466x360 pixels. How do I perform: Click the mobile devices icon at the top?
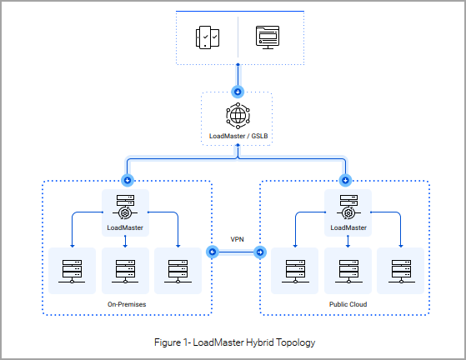pyautogui.click(x=208, y=37)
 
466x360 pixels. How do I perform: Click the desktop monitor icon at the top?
pyautogui.click(x=268, y=37)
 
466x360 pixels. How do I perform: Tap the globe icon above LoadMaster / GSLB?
pyautogui.click(x=238, y=116)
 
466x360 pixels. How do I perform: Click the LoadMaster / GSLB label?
pyautogui.click(x=238, y=136)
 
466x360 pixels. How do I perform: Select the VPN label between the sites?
pyautogui.click(x=237, y=239)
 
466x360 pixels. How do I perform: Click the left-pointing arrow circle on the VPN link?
pyautogui.click(x=213, y=252)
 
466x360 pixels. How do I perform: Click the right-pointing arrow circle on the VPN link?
pyautogui.click(x=260, y=252)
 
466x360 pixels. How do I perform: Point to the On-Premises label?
pyautogui.click(x=127, y=304)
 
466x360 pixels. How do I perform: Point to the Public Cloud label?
pyautogui.click(x=348, y=304)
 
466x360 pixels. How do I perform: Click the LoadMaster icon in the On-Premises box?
pyautogui.click(x=125, y=207)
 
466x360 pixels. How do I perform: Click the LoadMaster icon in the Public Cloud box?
pyautogui.click(x=348, y=207)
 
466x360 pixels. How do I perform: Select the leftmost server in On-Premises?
pyautogui.click(x=72, y=271)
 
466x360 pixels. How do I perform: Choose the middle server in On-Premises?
pyautogui.click(x=125, y=271)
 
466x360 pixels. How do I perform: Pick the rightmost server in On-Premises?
pyautogui.click(x=178, y=271)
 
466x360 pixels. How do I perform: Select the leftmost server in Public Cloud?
pyautogui.click(x=295, y=271)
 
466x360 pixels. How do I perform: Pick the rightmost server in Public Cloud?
pyautogui.click(x=401, y=271)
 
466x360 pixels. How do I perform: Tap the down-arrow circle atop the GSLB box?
pyautogui.click(x=238, y=92)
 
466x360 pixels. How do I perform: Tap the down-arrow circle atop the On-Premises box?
pyautogui.click(x=128, y=180)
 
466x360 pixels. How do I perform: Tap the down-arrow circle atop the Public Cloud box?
pyautogui.click(x=345, y=180)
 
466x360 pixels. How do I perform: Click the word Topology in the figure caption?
pyautogui.click(x=295, y=342)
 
